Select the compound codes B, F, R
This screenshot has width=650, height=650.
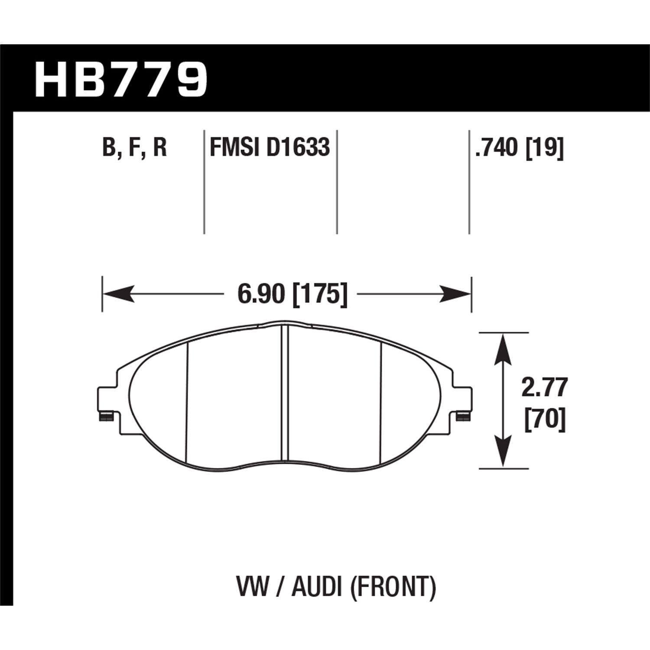(134, 148)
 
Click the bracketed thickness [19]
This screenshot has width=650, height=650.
(544, 148)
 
